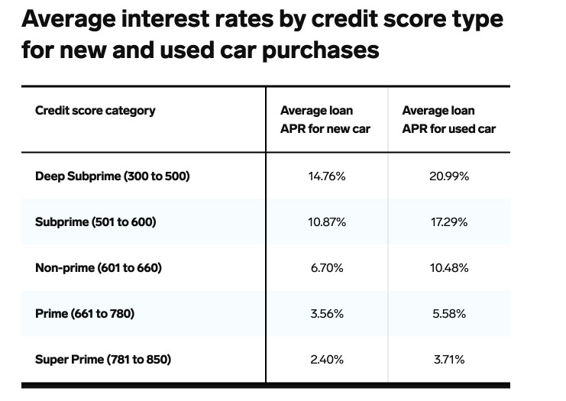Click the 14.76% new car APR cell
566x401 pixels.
coord(327,176)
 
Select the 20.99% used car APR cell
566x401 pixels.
coord(449,176)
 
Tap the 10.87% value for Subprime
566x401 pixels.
coord(327,222)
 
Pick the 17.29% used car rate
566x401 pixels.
coord(449,222)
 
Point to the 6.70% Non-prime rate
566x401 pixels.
coord(327,268)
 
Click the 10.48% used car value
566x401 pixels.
coord(449,268)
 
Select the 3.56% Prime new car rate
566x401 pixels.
coord(327,314)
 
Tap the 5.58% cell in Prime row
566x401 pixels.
coord(449,314)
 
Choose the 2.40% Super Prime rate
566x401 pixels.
coord(327,359)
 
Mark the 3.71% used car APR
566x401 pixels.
coord(449,359)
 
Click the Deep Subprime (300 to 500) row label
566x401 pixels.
coord(112,176)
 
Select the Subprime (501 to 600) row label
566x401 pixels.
coord(95,222)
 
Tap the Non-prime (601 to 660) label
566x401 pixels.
coord(99,268)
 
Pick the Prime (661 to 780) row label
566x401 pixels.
coord(85,314)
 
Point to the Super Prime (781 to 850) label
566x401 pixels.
coord(103,359)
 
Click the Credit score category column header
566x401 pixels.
coord(95,111)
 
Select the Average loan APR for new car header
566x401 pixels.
coord(325,120)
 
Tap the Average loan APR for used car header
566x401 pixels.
coord(448,120)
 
